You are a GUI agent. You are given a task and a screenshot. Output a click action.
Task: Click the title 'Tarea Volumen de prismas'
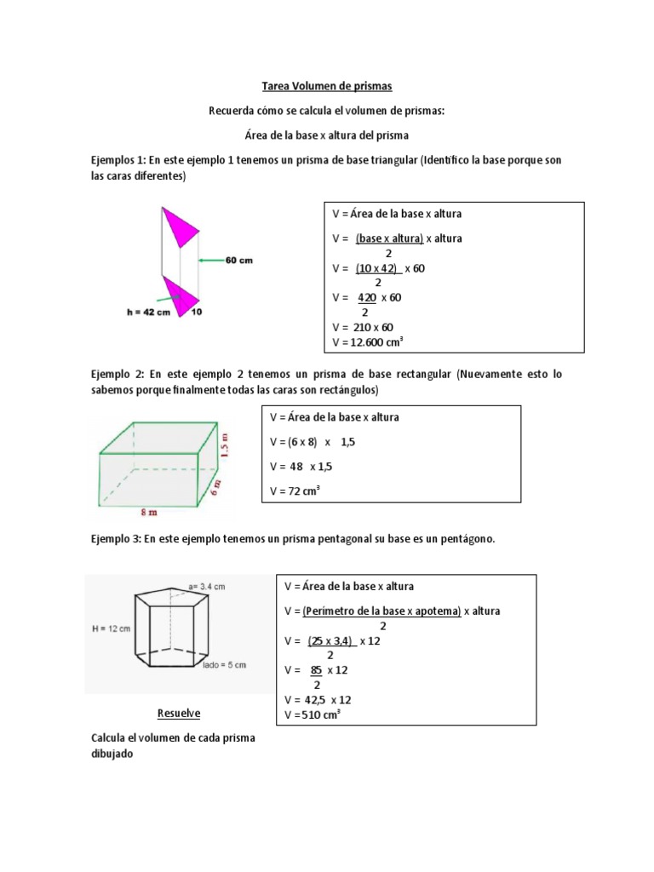(326, 87)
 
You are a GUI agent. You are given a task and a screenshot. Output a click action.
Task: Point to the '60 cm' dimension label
(239, 261)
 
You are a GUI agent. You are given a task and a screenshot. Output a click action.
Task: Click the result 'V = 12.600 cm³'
(367, 341)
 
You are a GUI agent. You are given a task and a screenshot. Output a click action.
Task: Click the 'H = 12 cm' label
(111, 628)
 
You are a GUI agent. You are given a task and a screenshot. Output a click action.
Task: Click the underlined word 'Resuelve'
(179, 712)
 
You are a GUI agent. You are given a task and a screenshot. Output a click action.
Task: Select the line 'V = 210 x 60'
(363, 327)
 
